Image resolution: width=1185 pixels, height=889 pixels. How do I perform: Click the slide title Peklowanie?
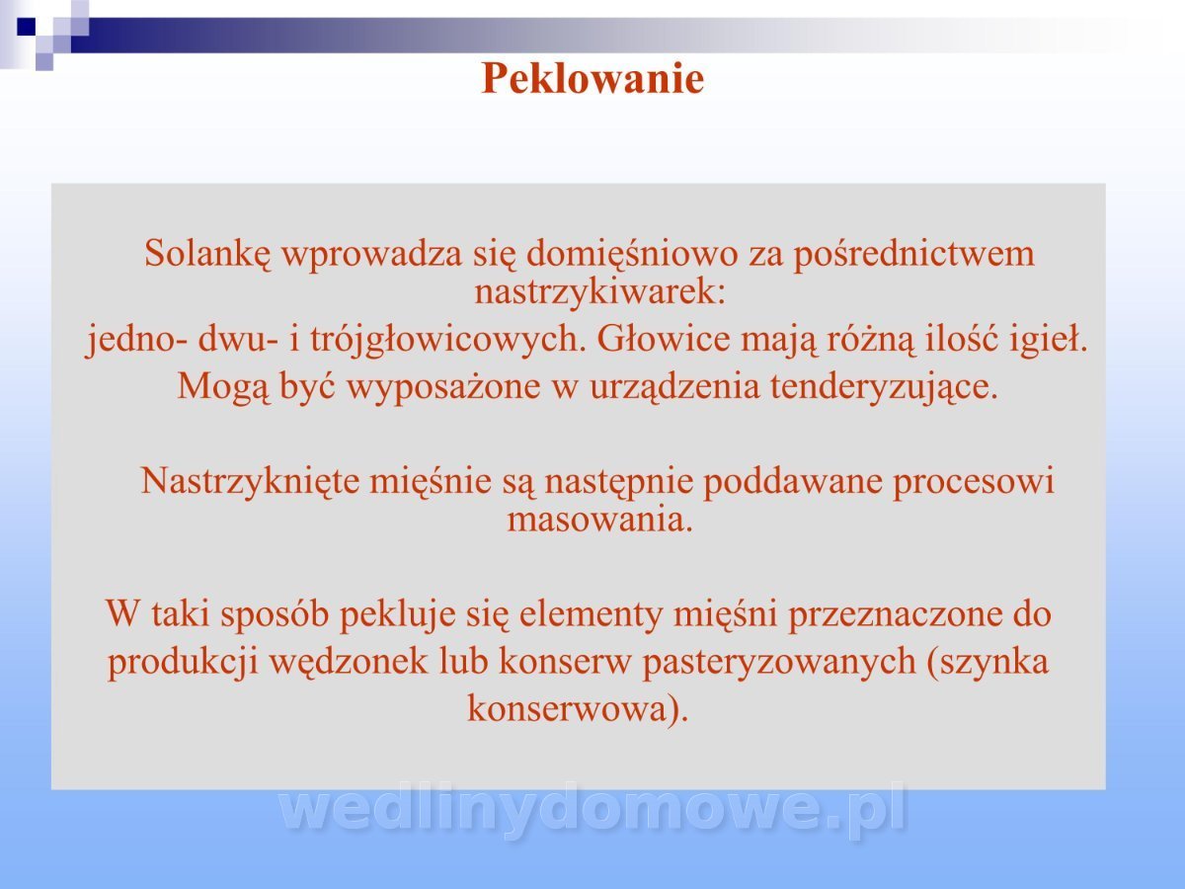pyautogui.click(x=592, y=79)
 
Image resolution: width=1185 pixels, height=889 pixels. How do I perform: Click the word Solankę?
pyautogui.click(x=206, y=254)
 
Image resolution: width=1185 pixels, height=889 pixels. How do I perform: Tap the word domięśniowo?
pyautogui.click(x=632, y=255)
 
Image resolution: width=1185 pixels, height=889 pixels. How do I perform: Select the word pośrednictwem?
pyautogui.click(x=913, y=255)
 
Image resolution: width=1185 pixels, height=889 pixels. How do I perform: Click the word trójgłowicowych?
pyautogui.click(x=448, y=341)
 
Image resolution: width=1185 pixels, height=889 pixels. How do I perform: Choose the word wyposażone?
pyautogui.click(x=443, y=388)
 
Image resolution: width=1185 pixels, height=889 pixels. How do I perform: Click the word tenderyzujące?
pyautogui.click(x=884, y=388)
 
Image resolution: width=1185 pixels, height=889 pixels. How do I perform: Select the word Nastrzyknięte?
pyautogui.click(x=250, y=482)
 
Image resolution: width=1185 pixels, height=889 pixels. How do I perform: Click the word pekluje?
pyautogui.click(x=397, y=615)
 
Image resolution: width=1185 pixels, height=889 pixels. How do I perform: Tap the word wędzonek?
pyautogui.click(x=349, y=662)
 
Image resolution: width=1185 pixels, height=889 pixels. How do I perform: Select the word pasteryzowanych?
pyautogui.click(x=779, y=663)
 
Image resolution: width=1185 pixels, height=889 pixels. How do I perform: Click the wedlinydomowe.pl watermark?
pyautogui.click(x=592, y=810)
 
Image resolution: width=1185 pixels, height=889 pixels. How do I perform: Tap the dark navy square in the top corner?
pyautogui.click(x=26, y=27)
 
